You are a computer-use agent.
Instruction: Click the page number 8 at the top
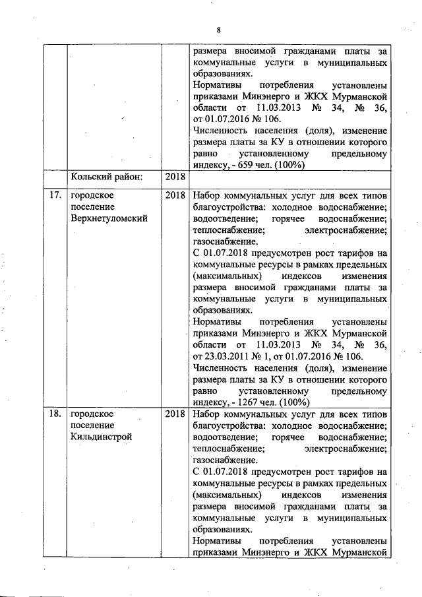218,29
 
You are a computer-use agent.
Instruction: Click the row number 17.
55,195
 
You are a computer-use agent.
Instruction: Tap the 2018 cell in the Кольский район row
175,177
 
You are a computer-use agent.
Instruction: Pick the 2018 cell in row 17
175,195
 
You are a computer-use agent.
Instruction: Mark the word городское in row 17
93,195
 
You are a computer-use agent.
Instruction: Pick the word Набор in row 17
206,195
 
